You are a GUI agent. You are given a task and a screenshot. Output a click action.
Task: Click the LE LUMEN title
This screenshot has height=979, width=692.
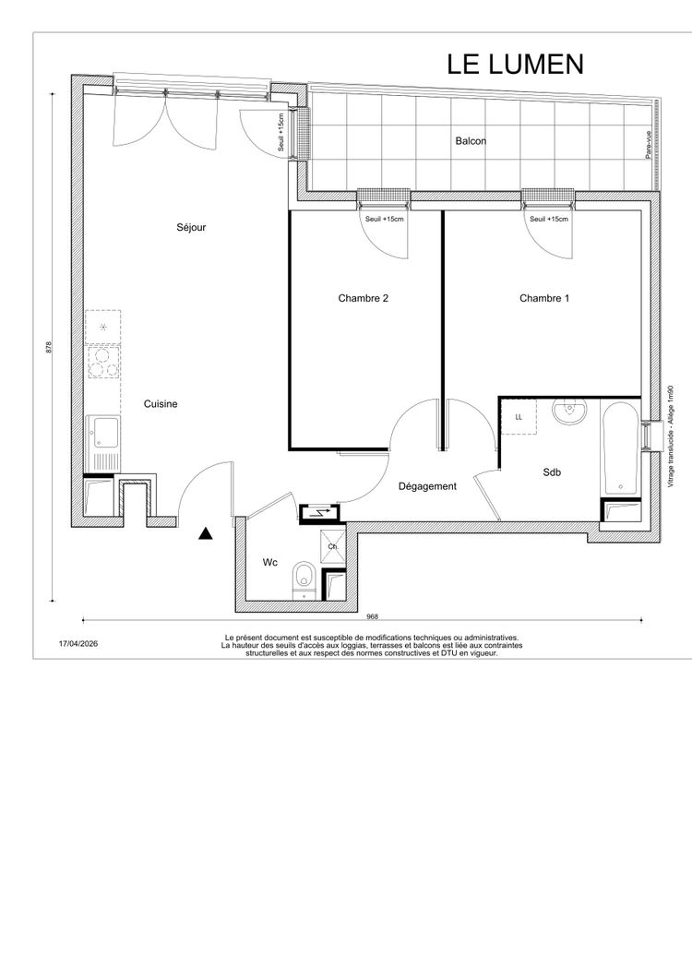(x=515, y=65)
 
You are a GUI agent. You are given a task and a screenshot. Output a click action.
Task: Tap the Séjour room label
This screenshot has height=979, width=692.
(x=191, y=227)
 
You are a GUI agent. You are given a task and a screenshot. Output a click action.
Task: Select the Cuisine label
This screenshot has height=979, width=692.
(x=161, y=404)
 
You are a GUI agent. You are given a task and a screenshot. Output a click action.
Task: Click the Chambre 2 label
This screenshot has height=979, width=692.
(x=363, y=298)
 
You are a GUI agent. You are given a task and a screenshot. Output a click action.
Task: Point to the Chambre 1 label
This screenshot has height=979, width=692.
(x=544, y=298)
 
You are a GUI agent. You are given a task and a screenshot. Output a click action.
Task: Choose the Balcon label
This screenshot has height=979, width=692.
(x=471, y=141)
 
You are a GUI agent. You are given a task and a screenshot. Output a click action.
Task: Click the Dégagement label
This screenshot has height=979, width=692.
(x=427, y=486)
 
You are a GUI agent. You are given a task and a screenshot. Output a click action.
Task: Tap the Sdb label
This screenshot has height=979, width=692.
(x=552, y=472)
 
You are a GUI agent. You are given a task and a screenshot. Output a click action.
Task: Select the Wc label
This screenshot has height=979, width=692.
(x=269, y=563)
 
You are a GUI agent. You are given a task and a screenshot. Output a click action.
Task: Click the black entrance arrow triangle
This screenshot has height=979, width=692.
(x=206, y=534)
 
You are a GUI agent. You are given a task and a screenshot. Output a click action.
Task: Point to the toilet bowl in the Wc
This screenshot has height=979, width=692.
(x=304, y=579)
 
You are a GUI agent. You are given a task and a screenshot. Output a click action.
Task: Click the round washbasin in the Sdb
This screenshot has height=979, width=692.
(x=569, y=412)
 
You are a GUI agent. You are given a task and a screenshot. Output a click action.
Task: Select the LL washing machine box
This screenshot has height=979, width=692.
(x=519, y=417)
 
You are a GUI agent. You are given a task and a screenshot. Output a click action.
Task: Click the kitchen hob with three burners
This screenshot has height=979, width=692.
(x=103, y=363)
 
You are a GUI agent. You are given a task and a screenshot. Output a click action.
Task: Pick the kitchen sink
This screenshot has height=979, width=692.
(x=103, y=443)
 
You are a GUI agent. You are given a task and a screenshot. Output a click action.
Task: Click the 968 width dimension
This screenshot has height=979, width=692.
(x=372, y=617)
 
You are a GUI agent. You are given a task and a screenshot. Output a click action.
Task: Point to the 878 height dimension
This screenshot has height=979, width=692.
(x=49, y=348)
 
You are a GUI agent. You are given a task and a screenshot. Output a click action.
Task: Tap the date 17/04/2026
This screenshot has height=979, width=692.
(x=78, y=644)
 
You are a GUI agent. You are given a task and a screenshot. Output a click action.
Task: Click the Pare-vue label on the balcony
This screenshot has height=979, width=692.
(x=649, y=144)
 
